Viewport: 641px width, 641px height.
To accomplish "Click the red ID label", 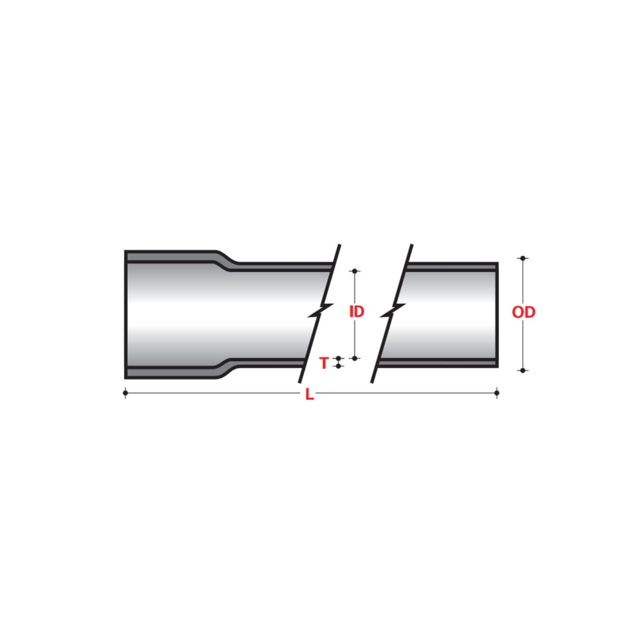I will [357, 312].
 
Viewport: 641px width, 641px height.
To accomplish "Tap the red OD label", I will [523, 312].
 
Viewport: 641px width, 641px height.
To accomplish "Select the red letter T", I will [324, 363].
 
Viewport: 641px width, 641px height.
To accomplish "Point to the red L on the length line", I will [309, 394].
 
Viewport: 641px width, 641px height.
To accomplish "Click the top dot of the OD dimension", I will [523, 258].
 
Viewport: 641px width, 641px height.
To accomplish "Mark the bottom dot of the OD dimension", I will [523, 370].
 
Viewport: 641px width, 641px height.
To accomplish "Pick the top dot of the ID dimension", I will [355, 271].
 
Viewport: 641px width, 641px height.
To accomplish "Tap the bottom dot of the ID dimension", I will [355, 358].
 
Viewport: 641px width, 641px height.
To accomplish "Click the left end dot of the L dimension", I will [125, 392].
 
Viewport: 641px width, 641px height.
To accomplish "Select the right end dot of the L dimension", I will [496, 392].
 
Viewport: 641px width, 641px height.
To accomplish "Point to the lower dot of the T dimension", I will [338, 366].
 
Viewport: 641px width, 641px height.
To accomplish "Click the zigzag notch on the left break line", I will [320, 311].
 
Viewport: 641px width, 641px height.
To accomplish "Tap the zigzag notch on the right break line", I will [392, 311].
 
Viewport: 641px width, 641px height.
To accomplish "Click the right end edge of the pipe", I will [496, 315].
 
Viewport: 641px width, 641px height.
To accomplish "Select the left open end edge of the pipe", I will [126, 315].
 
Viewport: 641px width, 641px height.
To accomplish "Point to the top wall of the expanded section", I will [169, 256].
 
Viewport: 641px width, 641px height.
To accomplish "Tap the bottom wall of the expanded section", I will [169, 373].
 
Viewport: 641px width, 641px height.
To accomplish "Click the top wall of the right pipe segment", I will [449, 267].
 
